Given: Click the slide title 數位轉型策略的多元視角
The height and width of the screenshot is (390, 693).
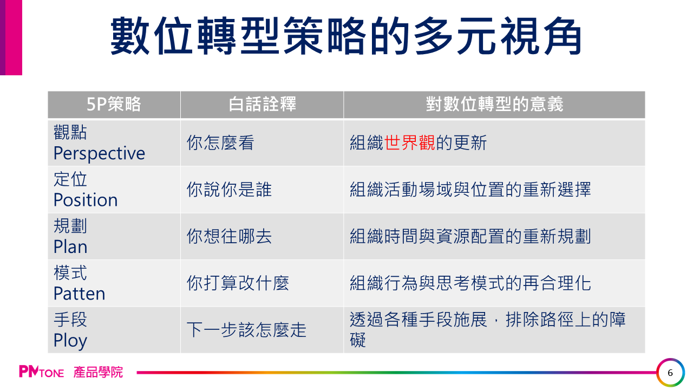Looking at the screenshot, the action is click(346, 36).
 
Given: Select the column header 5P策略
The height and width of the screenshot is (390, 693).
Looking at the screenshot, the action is click(114, 104).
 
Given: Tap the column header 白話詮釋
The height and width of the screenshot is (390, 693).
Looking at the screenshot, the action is click(262, 104).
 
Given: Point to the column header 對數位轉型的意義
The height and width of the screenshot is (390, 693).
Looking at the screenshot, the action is click(494, 104).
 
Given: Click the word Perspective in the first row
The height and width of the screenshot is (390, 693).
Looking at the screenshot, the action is click(99, 153).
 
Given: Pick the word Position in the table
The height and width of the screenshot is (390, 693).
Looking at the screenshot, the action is click(86, 200).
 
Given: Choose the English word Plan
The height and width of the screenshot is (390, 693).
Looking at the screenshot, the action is click(70, 246).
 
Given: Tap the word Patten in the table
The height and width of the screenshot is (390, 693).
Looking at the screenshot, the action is click(80, 294).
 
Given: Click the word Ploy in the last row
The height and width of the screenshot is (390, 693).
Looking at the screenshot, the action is click(70, 341).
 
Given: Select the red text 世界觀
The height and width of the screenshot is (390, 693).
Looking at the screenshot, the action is click(409, 142).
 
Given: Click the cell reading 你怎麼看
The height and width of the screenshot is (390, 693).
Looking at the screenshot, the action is click(220, 142).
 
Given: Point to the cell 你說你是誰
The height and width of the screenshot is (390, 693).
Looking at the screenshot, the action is click(229, 190).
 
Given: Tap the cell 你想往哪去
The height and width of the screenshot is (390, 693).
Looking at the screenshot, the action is click(229, 237).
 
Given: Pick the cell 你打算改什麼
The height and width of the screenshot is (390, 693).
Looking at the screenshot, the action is click(238, 283).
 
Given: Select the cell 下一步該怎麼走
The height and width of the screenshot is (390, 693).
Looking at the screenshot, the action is click(246, 330).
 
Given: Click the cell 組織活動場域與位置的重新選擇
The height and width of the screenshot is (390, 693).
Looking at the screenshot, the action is click(470, 190).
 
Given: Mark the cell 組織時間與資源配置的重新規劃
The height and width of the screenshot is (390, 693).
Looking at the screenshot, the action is click(470, 237).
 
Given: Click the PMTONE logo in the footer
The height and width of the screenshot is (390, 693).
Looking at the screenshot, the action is click(42, 372).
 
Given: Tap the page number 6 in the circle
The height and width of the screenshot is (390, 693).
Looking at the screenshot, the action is click(670, 373).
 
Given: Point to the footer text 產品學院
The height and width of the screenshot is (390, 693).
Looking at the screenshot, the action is click(98, 372).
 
